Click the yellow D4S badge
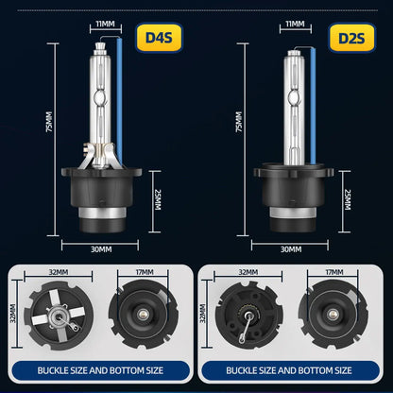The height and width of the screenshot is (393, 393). (x=159, y=38)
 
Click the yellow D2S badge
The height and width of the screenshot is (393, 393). (x=351, y=38)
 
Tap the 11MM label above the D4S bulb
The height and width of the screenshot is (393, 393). (x=106, y=24)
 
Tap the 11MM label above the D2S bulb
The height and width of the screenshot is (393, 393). (x=296, y=24)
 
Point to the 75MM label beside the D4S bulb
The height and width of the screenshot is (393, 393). (x=49, y=122)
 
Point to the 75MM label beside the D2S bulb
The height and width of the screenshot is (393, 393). (x=239, y=122)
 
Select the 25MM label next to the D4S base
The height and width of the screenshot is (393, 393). (x=157, y=199)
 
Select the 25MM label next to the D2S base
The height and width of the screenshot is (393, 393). (x=347, y=199)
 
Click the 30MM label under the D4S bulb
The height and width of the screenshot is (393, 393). (x=101, y=249)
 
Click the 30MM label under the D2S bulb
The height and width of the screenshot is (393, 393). (x=291, y=249)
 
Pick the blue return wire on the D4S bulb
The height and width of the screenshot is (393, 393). (x=119, y=101)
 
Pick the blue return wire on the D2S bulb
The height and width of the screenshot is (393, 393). (x=313, y=107)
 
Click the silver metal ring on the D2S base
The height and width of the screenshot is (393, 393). (x=293, y=213)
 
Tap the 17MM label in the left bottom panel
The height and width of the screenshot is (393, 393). (x=145, y=272)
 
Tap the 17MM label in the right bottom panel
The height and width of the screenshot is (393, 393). (x=334, y=272)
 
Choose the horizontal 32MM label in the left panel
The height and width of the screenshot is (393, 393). (x=59, y=272)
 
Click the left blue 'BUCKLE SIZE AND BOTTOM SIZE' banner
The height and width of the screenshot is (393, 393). (x=100, y=370)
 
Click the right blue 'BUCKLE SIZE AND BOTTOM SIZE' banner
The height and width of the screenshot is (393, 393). (x=289, y=370)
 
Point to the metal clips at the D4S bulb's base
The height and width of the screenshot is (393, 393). (x=99, y=155)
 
